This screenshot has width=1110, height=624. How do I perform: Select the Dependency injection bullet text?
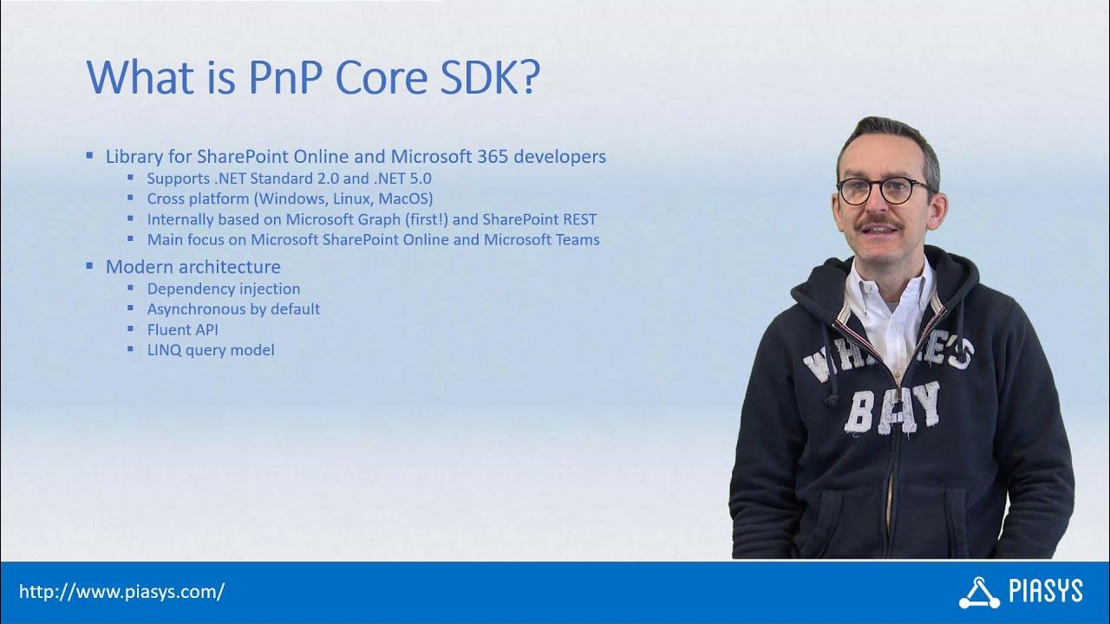[x=224, y=289]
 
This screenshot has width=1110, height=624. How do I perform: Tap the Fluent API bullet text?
[x=182, y=329]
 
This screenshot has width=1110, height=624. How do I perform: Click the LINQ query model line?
[x=211, y=350]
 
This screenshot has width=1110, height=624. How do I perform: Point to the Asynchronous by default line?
[x=233, y=309]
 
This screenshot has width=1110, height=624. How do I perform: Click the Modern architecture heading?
[x=193, y=267]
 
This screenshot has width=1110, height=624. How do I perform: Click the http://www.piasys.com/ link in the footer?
[x=121, y=592]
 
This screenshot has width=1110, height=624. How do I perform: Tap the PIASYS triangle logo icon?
[x=979, y=593]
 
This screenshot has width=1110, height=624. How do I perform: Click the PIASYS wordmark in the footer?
[x=1046, y=592]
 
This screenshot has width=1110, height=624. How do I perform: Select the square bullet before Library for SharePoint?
[x=89, y=156]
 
